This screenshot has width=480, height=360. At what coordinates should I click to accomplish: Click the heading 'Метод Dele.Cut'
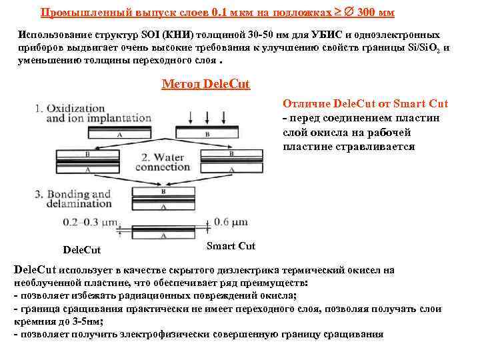206,85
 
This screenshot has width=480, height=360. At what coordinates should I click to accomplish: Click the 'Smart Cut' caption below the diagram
231,247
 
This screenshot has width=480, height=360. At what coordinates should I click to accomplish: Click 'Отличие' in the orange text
304,104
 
